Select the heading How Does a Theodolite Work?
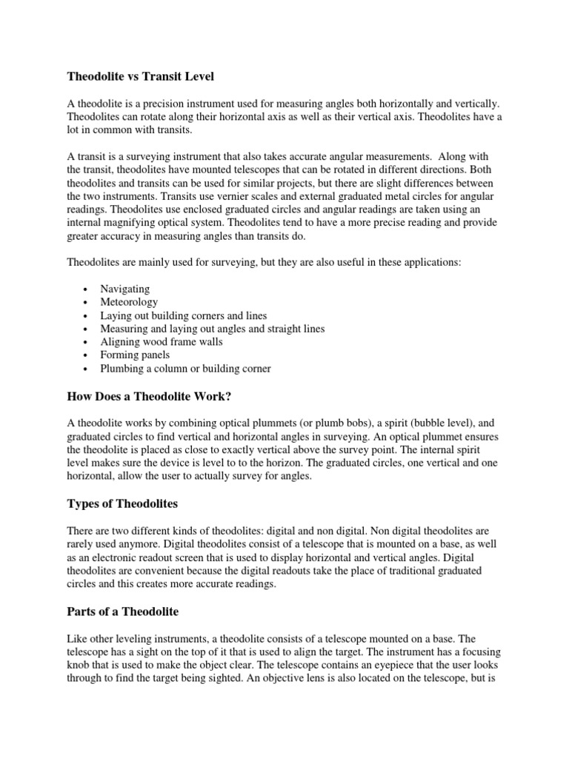pos(150,397)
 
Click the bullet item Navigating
pos(125,289)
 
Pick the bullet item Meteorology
pos(129,302)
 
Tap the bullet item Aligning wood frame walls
pos(162,341)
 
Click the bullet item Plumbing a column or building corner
pos(186,368)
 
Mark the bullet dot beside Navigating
pos(87,289)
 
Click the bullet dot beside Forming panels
pos(87,355)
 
